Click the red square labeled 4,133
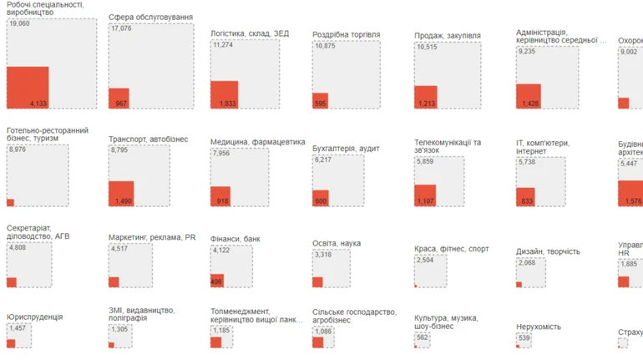(28, 88)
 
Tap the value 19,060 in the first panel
(19, 23)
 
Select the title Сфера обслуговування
(150, 17)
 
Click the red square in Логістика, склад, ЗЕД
(224, 94)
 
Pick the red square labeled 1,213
(425, 97)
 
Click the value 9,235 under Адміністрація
(528, 51)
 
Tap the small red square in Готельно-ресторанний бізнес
(10, 203)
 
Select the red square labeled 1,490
(121, 194)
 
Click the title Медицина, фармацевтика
(257, 142)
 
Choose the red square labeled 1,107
(425, 195)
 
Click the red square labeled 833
(525, 197)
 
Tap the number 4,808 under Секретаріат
(18, 248)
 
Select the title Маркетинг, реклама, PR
(152, 237)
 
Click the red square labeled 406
(217, 281)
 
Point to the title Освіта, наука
(337, 243)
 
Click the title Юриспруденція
(34, 317)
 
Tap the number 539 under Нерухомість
(524, 338)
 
